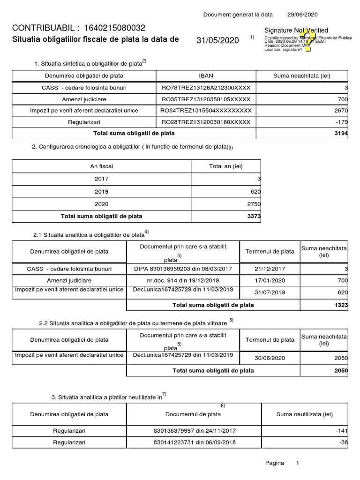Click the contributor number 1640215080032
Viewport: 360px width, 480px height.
pyautogui.click(x=114, y=28)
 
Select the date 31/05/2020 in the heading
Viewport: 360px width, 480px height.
pyautogui.click(x=217, y=40)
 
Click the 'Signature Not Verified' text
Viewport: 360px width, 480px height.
pyautogui.click(x=296, y=30)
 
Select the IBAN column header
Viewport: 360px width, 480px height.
pyautogui.click(x=206, y=76)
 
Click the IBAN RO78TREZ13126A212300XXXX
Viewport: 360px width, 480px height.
pyautogui.click(x=206, y=88)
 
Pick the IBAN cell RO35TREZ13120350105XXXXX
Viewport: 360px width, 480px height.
pyautogui.click(x=206, y=99)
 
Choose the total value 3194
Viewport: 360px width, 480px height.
pyautogui.click(x=342, y=134)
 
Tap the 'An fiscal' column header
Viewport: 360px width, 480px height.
pyautogui.click(x=102, y=166)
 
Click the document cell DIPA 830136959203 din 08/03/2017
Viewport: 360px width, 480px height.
pyautogui.click(x=183, y=269)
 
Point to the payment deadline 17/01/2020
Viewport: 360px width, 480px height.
pyautogui.click(x=270, y=280)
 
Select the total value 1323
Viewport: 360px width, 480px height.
pyautogui.click(x=341, y=305)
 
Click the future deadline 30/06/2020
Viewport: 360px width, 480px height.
pyautogui.click(x=270, y=358)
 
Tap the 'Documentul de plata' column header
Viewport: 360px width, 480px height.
pyautogui.click(x=193, y=414)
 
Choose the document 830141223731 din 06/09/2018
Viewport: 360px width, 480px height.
pyautogui.click(x=193, y=442)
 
